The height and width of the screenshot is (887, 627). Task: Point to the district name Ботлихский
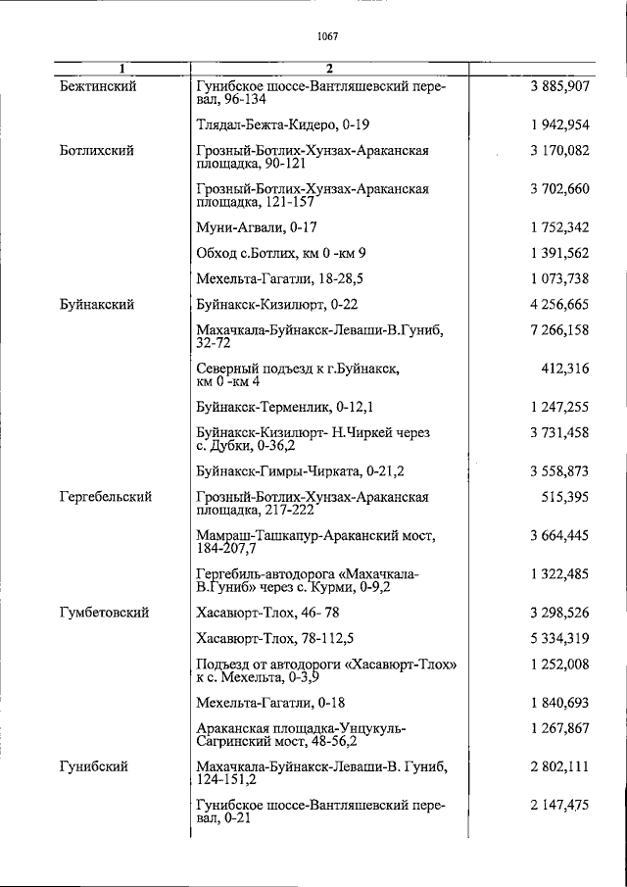(96, 151)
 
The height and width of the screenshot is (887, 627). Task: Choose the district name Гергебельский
(106, 498)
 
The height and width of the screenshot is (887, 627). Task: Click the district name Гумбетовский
(104, 613)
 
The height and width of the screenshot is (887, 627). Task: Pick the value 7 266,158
(559, 330)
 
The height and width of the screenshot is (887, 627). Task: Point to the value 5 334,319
(559, 638)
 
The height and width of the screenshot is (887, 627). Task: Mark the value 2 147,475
(559, 805)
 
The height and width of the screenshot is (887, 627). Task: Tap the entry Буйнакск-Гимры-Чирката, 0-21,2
(300, 471)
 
